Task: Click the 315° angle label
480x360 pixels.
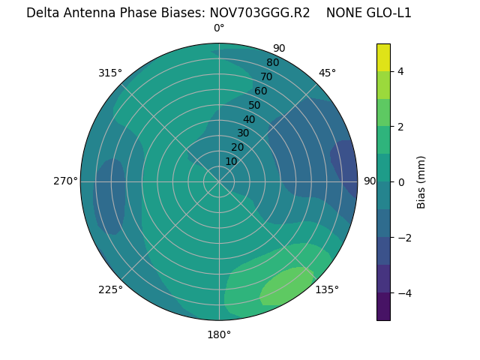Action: (x=109, y=73)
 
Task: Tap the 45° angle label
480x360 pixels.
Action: (x=327, y=73)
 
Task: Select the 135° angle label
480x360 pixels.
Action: (x=326, y=289)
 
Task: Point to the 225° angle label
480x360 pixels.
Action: (x=110, y=290)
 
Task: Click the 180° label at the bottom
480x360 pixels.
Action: (x=219, y=334)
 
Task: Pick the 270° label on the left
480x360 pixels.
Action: (x=65, y=181)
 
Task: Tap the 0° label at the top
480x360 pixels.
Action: (x=219, y=28)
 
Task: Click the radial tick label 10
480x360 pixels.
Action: (x=231, y=161)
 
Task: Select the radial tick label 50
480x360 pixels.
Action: (x=255, y=105)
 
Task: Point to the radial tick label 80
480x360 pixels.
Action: (x=272, y=62)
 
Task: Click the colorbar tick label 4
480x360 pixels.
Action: (x=401, y=71)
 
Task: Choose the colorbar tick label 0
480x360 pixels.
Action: (x=401, y=181)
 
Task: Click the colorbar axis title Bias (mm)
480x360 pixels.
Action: (x=421, y=181)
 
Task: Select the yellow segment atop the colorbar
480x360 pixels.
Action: (x=383, y=57)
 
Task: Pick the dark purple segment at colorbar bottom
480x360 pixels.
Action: (x=383, y=307)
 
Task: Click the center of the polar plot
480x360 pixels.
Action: (x=219, y=181)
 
